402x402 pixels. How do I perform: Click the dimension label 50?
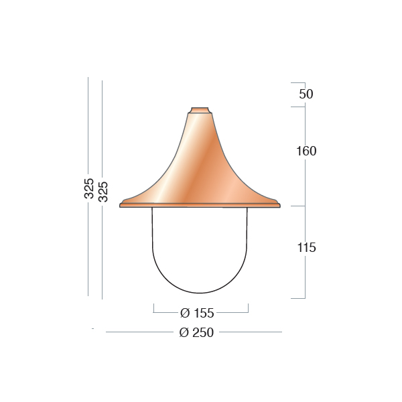pos(306,94)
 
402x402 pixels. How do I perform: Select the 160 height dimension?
pos(306,151)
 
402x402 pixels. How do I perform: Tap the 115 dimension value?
pos(306,248)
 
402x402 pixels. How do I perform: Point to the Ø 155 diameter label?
pos(197,313)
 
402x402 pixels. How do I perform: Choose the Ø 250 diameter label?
pos(196,332)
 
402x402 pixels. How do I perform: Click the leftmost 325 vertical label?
pos(89,188)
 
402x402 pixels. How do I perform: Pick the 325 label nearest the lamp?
pos(103,192)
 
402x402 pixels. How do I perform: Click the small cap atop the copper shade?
pos(200,111)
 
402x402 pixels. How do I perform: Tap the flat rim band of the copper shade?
pos(200,205)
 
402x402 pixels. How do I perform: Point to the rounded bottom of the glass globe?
pos(200,293)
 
